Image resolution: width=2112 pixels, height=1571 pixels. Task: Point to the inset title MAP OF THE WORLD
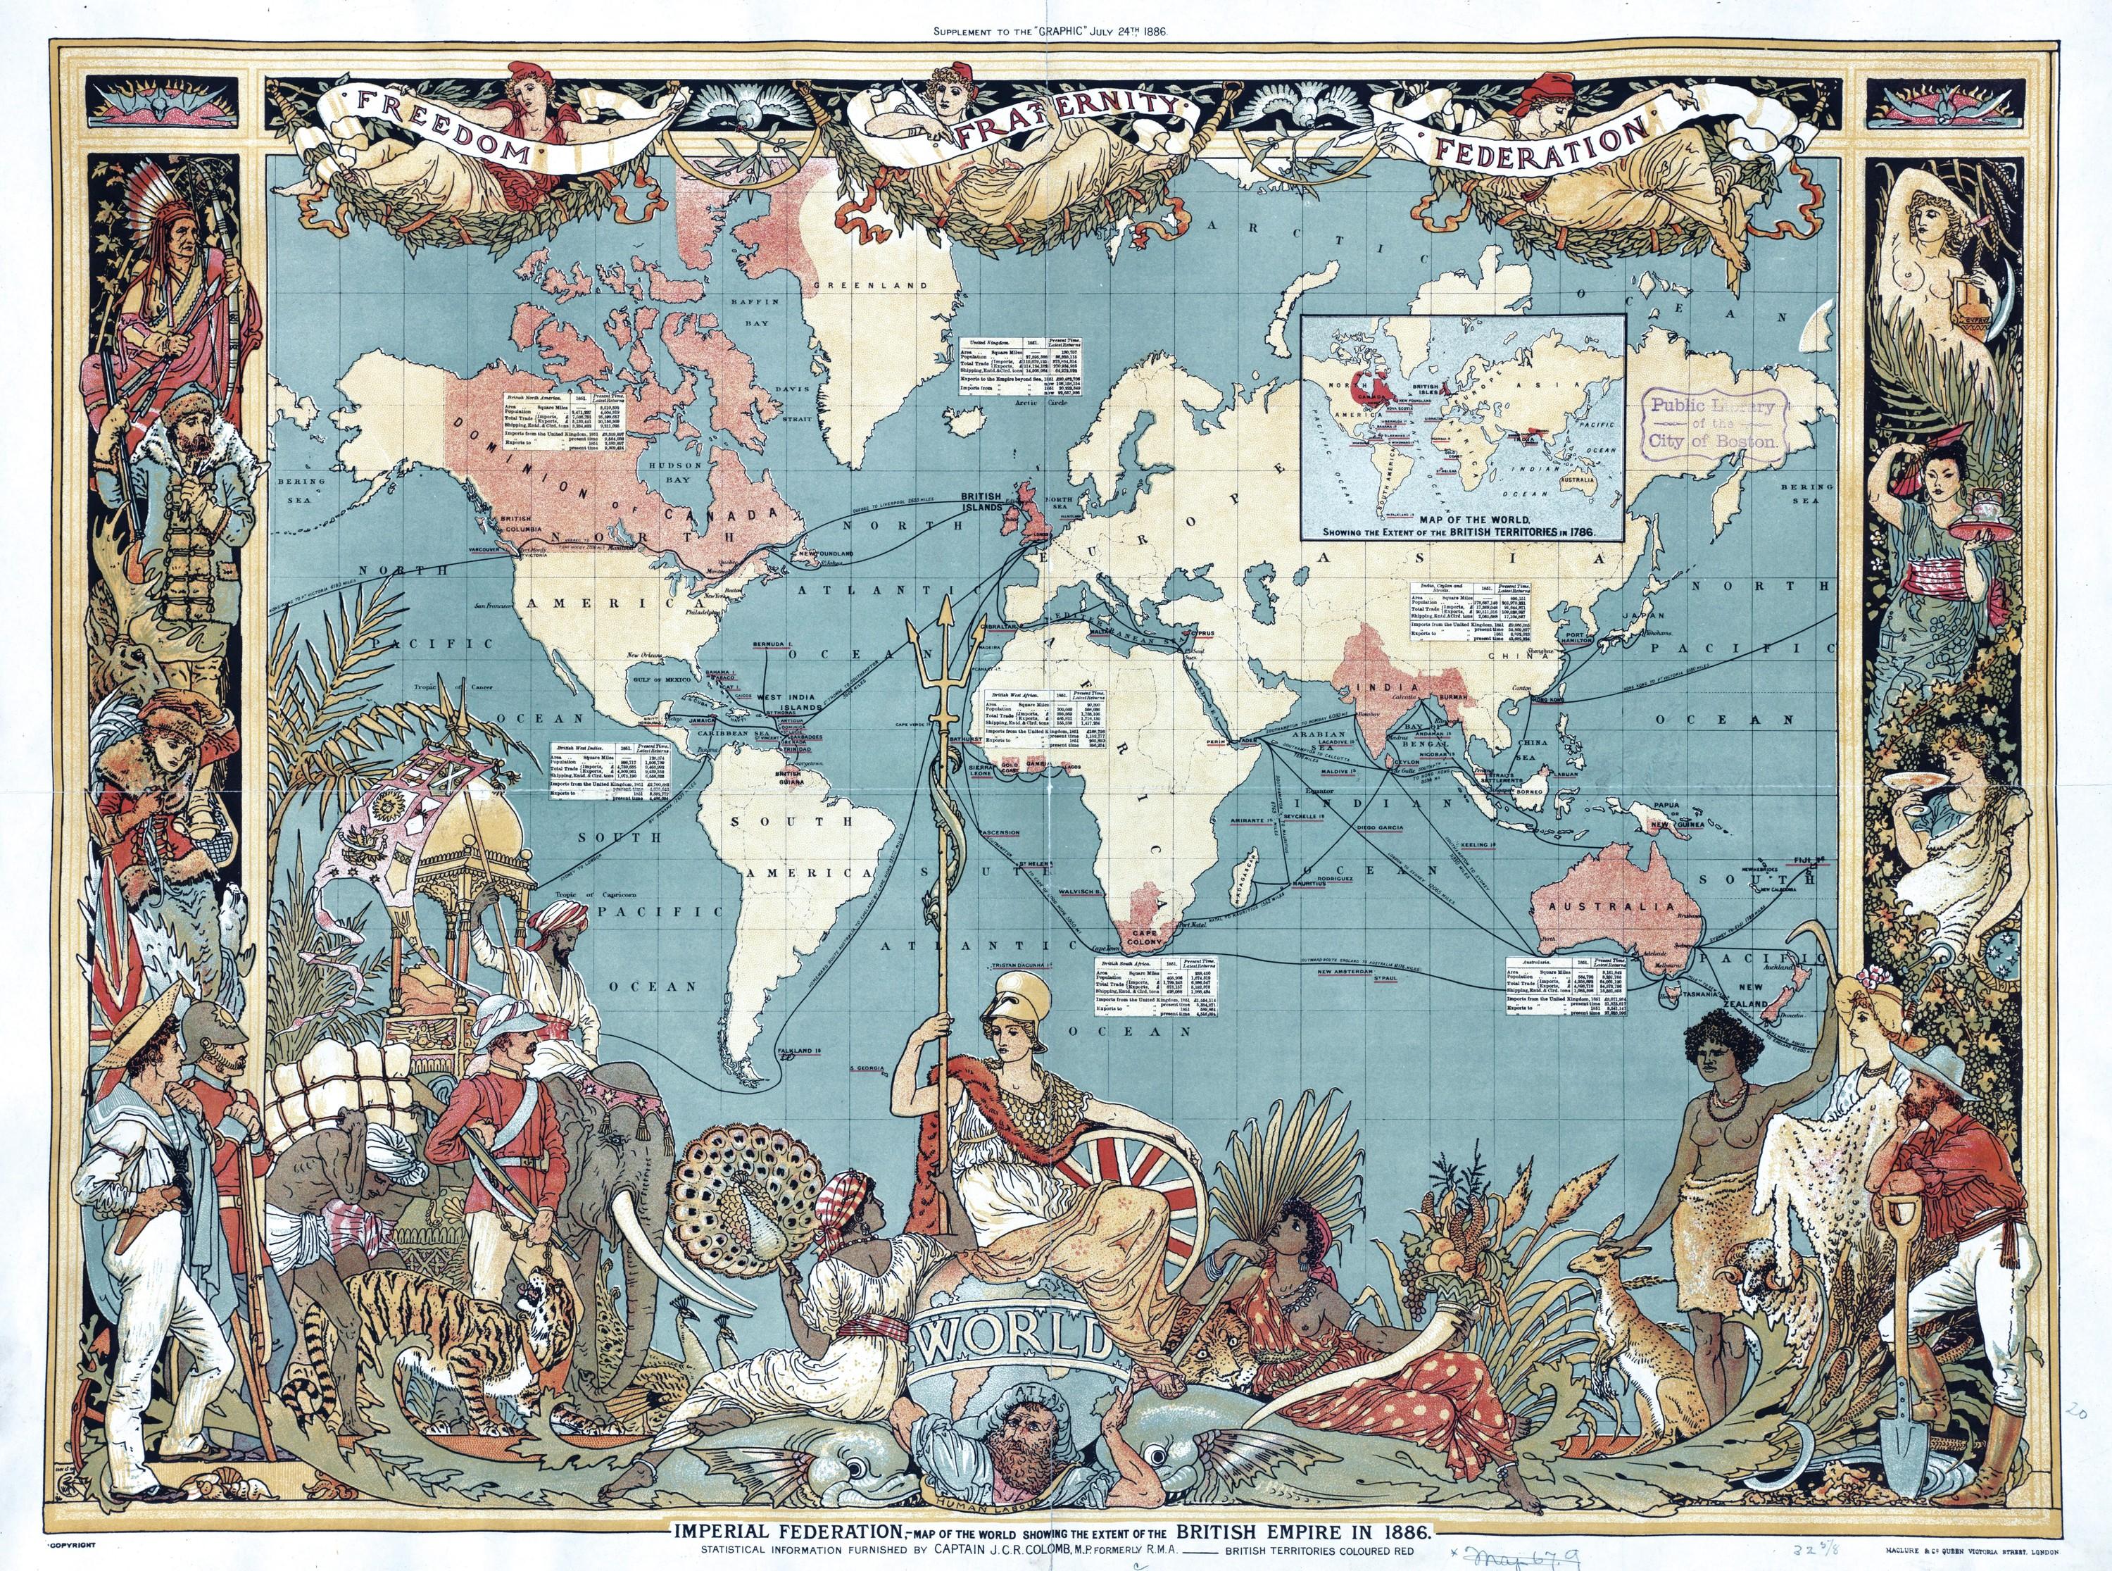click(1474, 520)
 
